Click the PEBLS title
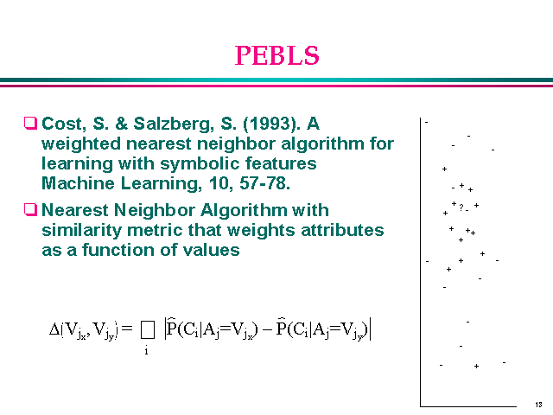pyautogui.click(x=276, y=55)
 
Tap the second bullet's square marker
pyautogui.click(x=31, y=209)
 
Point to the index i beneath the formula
pyautogui.click(x=146, y=352)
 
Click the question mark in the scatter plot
pyautogui.click(x=461, y=207)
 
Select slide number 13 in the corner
pyautogui.click(x=538, y=405)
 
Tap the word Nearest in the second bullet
pyautogui.click(x=78, y=209)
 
